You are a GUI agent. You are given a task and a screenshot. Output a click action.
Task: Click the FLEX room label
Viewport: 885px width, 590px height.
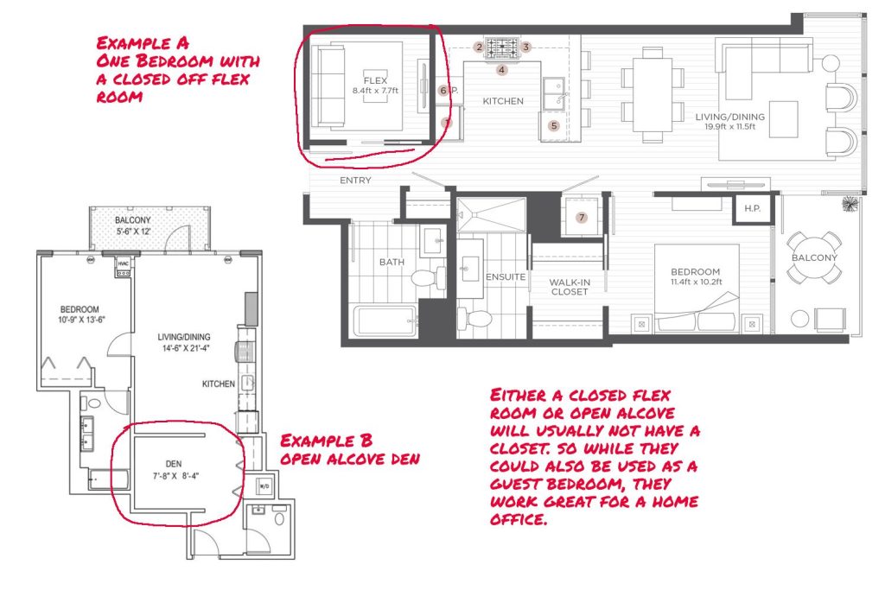pos(375,80)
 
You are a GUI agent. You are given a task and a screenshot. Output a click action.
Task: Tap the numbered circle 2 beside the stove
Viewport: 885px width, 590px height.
pos(479,47)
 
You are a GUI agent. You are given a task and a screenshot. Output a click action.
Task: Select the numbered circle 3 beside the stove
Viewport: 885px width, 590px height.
pos(525,47)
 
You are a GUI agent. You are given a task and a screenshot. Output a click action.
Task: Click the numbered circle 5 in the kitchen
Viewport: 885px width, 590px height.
pos(554,126)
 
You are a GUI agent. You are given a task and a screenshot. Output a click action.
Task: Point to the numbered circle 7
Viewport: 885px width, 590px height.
pos(582,218)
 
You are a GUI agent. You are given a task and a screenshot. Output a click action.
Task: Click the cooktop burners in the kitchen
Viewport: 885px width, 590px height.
pos(502,48)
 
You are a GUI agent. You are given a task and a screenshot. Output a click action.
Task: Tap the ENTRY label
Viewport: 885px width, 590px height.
pos(355,181)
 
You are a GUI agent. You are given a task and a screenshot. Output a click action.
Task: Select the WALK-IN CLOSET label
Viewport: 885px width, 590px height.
pos(570,287)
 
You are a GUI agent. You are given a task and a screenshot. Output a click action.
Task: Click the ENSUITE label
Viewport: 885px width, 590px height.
pos(506,277)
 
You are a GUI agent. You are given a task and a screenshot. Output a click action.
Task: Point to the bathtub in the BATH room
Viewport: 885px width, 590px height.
pos(385,320)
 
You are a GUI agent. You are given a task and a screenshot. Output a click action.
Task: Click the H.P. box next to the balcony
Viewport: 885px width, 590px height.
pos(752,209)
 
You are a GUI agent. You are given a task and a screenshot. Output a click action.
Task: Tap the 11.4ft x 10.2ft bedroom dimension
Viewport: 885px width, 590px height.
pos(696,282)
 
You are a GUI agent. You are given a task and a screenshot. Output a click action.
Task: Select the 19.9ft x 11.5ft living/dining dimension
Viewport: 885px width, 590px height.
pos(729,126)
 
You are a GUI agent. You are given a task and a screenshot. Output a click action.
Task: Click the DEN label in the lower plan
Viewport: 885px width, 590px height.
pos(174,464)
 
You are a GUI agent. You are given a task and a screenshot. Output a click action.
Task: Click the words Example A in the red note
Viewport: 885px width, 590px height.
pos(143,43)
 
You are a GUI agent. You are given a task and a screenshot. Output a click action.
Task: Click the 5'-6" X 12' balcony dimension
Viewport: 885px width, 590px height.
pos(134,232)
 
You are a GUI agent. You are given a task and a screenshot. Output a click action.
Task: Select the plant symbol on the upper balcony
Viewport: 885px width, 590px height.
pos(848,204)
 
